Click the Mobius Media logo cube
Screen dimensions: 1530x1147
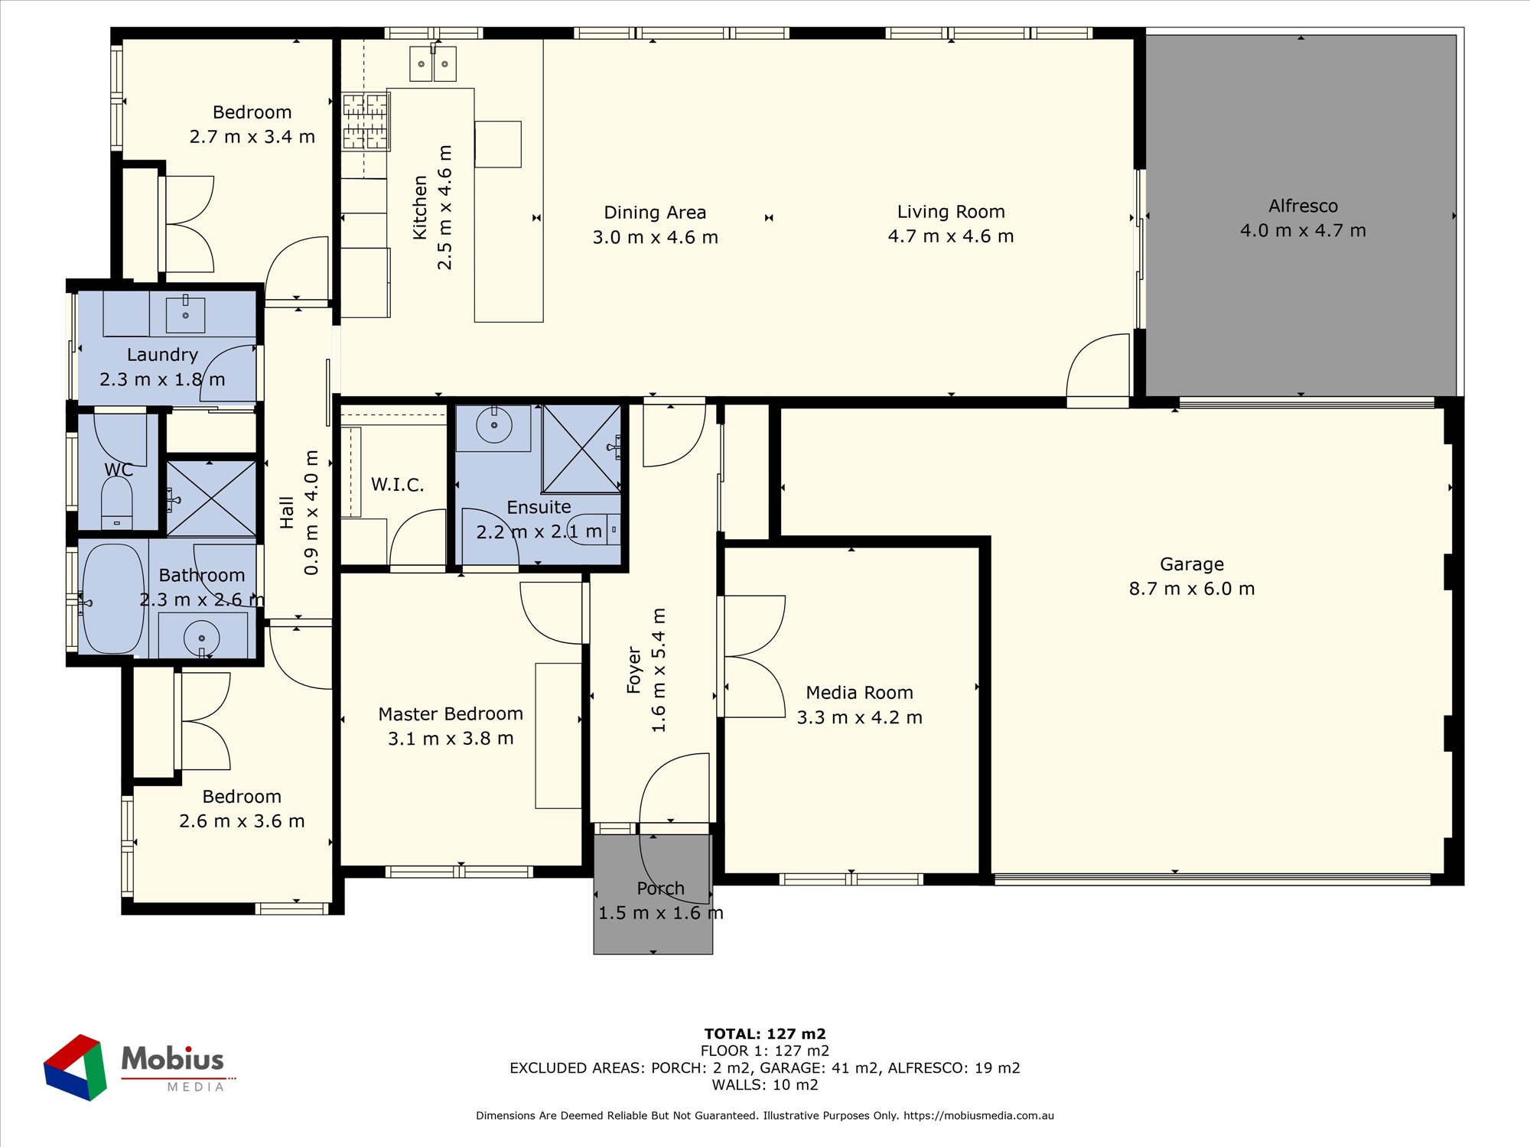click(x=75, y=1067)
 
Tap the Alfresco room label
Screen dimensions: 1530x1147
click(x=1303, y=206)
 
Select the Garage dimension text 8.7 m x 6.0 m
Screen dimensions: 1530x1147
click(x=1192, y=589)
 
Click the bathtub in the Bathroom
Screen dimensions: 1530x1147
click(x=113, y=599)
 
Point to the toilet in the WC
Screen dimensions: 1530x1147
click(x=117, y=503)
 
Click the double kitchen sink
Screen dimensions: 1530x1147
click(x=433, y=63)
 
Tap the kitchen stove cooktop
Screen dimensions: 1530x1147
click(x=366, y=121)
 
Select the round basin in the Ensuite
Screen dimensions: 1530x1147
click(x=494, y=426)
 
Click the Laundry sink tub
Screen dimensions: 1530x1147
click(x=185, y=314)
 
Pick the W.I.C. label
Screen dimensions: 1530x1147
click(x=397, y=484)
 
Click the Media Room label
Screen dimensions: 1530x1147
click(x=859, y=692)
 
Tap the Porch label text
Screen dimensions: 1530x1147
click(x=660, y=889)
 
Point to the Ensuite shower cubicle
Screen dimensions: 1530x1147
click(x=581, y=449)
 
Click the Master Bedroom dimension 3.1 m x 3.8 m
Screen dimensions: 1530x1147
click(x=451, y=739)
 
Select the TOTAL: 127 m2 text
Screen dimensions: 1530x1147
click(x=765, y=1034)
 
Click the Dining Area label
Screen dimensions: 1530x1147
click(x=655, y=213)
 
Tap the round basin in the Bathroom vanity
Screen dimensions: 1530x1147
click(x=202, y=638)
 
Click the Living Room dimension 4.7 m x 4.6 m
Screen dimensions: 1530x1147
click(x=951, y=236)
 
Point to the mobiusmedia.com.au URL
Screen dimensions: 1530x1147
click(x=978, y=1116)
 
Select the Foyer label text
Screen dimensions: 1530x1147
click(x=633, y=670)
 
